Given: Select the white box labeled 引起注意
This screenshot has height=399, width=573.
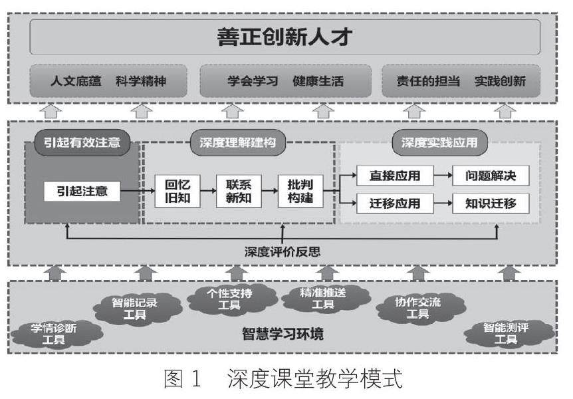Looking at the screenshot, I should pos(82,192).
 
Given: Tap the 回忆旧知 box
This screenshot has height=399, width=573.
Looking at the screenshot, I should pos(177,191).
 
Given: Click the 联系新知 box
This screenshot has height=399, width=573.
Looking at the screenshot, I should pos(238,191).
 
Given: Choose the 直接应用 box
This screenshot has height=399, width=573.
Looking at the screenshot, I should pos(395,177).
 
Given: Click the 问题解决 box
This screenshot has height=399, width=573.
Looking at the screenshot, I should pos(491,177).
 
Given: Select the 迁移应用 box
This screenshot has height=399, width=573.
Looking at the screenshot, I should pos(395,203).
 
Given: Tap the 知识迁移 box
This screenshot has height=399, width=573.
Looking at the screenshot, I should pos(491,203).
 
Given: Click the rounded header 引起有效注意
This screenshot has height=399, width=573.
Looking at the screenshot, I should pos(82,142).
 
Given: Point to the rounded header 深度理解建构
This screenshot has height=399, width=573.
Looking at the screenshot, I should pos(237,142).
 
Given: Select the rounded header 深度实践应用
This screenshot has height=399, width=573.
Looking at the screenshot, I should pos(439,142).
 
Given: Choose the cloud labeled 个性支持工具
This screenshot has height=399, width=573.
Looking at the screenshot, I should pos(230,299).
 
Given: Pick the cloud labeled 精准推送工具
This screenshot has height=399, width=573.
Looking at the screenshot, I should pos(323,299).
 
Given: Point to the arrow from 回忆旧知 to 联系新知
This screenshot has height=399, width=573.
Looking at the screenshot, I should pos(207,192).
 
